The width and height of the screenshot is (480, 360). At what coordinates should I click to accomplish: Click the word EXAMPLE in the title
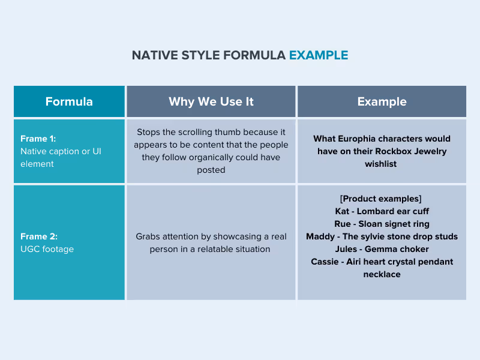coord(318,55)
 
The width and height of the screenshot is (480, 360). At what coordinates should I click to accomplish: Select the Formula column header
coord(69,101)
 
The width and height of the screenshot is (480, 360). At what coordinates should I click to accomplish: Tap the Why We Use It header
coord(211,101)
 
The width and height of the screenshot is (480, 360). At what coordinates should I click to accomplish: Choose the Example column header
coord(382,101)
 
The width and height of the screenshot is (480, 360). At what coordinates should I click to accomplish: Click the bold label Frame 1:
coord(38,139)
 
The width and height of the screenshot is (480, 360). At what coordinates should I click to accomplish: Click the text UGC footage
coord(47,249)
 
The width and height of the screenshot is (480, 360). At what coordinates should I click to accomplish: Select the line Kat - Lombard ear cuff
coord(382,211)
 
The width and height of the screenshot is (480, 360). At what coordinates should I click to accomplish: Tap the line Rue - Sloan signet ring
coord(382,224)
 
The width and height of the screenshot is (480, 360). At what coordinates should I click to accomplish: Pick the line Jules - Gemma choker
coord(382,249)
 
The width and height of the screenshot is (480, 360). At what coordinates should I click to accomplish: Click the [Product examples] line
coord(382,199)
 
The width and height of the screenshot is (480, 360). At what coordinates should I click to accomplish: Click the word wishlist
coord(382,164)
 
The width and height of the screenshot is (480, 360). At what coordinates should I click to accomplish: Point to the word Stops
coord(149,132)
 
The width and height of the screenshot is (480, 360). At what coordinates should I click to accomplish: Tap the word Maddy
coord(320,236)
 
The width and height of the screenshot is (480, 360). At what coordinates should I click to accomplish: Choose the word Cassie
coord(325,262)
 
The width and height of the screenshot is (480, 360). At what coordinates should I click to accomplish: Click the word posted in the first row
coord(211,170)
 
